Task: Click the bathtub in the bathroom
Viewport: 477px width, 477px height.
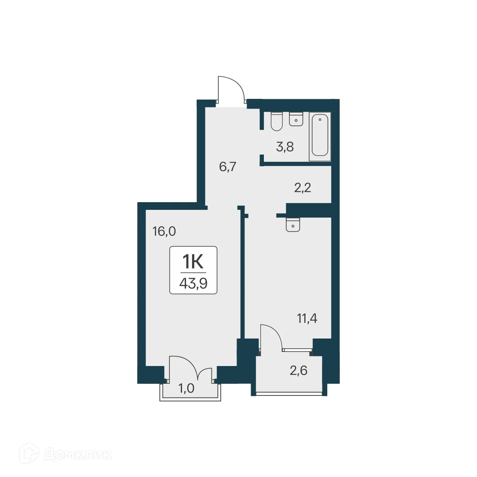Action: pos(320,136)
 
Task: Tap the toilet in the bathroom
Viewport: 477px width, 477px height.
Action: pos(276,121)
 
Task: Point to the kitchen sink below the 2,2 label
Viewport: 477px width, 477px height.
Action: pos(293,225)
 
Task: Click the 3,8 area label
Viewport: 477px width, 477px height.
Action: pos(285,147)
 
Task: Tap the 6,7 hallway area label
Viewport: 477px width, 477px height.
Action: pos(227,167)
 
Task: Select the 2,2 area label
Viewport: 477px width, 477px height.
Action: pos(302,188)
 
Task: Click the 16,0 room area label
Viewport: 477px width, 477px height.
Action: pos(164,231)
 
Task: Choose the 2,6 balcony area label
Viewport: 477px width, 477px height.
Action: pos(299,370)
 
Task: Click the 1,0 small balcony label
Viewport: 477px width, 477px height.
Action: pos(186,388)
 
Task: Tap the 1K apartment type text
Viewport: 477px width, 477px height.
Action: pos(193,262)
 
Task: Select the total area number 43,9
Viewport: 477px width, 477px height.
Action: pos(193,284)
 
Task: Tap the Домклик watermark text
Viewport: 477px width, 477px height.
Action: pos(77,454)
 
